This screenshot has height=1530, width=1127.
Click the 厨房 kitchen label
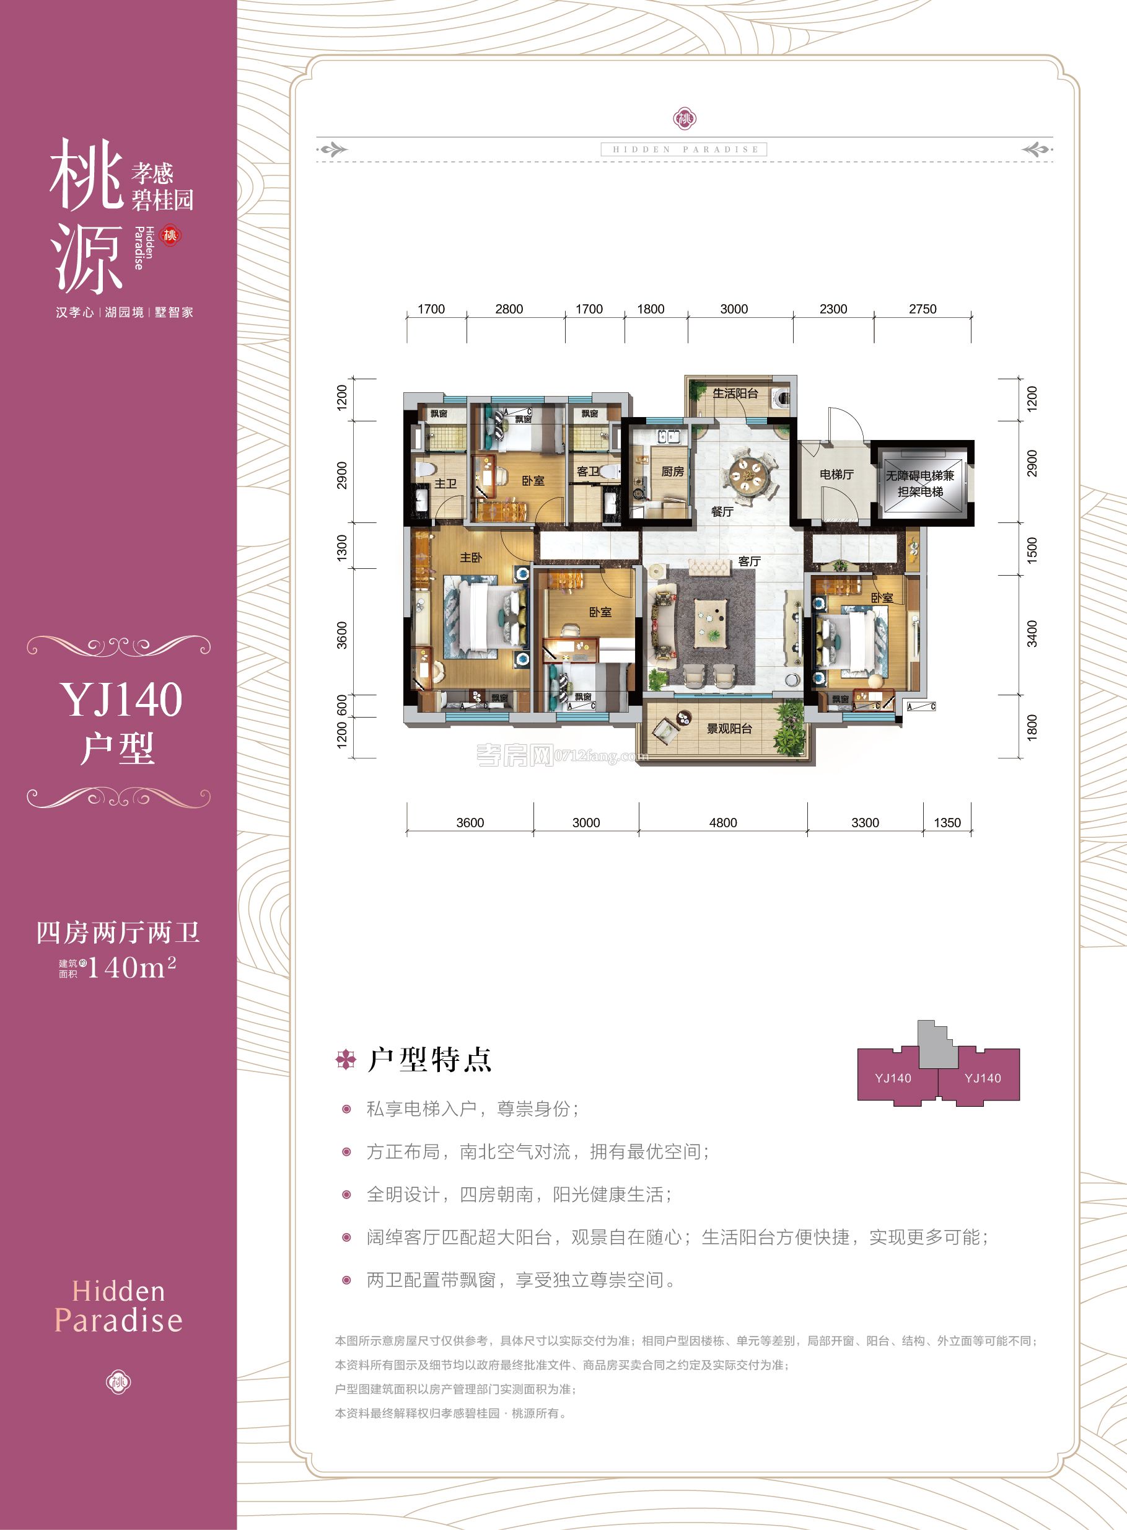click(672, 472)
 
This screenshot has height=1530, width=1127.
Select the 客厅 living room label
click(748, 561)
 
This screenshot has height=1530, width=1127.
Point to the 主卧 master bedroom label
click(471, 557)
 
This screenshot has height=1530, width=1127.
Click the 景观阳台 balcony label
click(729, 729)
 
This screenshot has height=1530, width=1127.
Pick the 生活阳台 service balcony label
click(735, 393)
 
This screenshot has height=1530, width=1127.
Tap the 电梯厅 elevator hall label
click(836, 474)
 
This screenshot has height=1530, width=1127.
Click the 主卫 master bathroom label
click(445, 483)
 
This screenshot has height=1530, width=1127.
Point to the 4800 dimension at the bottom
click(722, 823)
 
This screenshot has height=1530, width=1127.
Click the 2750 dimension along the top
click(923, 309)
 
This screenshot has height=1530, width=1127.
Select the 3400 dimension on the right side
click(1032, 633)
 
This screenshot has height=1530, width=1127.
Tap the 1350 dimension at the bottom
click(947, 823)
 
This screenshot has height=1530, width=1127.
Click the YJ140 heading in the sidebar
click(121, 699)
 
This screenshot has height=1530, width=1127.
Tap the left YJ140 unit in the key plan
click(893, 1078)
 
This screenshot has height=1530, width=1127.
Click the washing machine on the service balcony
click(782, 398)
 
